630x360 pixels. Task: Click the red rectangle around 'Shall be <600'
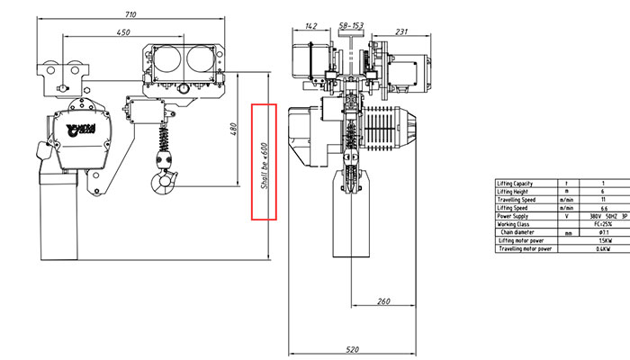click(x=264, y=162)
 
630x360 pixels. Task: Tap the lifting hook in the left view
click(x=165, y=182)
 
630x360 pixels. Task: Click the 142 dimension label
click(x=310, y=26)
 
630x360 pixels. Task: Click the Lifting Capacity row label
click(x=516, y=184)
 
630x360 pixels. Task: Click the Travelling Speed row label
click(x=517, y=200)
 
